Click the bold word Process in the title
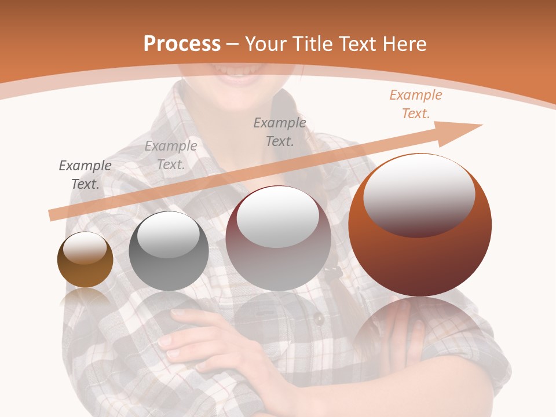click(182, 44)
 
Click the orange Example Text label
click(416, 104)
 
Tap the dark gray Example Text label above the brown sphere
click(85, 174)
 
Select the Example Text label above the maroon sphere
click(280, 131)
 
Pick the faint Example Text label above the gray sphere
click(171, 155)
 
